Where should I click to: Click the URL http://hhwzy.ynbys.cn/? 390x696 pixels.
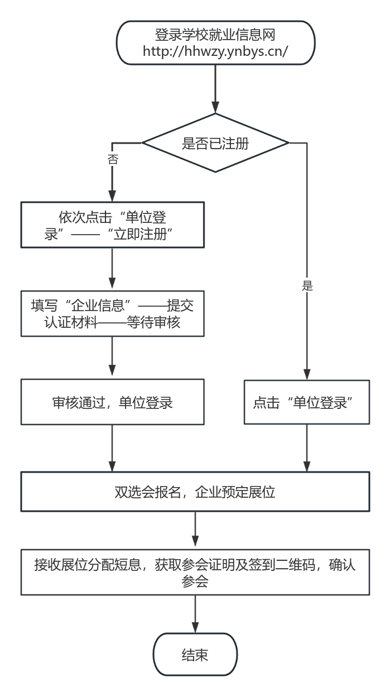215,52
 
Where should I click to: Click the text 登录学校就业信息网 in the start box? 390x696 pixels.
215,36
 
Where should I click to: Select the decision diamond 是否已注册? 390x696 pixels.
215,144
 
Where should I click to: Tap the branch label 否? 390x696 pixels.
112,159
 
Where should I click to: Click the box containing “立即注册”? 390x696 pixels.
112,225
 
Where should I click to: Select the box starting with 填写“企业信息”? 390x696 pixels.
112,313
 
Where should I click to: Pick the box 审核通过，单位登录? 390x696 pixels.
112,402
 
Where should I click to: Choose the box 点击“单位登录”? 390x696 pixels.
307,402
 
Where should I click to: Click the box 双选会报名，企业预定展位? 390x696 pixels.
195,492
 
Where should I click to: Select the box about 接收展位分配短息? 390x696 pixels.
195,572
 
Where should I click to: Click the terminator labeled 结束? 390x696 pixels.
195,655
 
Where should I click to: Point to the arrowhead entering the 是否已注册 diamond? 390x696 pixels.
215,108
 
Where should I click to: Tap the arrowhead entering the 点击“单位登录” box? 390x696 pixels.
307,374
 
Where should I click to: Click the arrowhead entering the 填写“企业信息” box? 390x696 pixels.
112,284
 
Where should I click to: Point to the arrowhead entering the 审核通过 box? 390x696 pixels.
112,373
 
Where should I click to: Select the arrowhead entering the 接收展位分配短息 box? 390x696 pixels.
195,544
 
